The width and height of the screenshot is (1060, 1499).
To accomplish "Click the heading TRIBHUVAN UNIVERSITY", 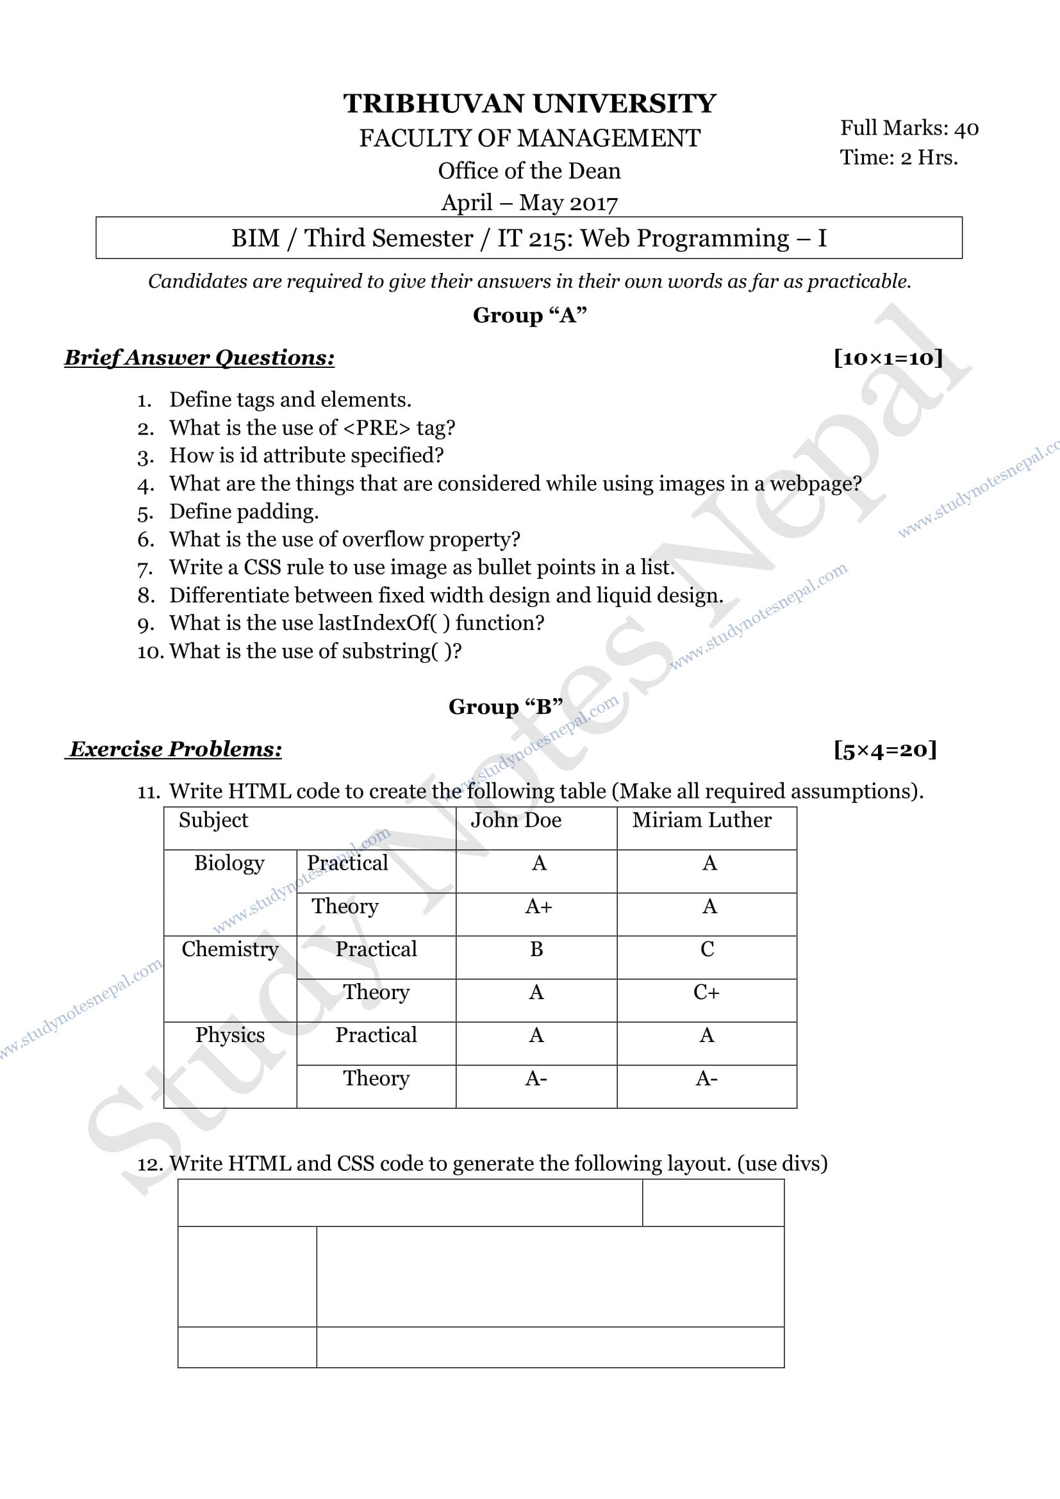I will [x=529, y=104].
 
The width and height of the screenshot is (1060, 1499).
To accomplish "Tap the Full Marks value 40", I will [x=966, y=129].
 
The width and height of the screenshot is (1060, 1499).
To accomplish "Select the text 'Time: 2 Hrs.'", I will [x=898, y=158].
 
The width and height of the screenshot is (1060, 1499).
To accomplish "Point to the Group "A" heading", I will [x=529, y=315].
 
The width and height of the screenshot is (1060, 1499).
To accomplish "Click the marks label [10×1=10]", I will [x=888, y=358].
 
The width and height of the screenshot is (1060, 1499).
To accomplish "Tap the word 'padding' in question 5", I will [x=277, y=511].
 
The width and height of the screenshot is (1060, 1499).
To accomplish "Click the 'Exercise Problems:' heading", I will [x=176, y=749].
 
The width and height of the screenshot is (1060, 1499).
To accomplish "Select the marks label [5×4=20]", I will [x=885, y=750].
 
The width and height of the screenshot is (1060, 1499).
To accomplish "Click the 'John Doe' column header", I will [x=516, y=820].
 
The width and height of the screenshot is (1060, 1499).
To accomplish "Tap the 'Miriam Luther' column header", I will [x=702, y=820].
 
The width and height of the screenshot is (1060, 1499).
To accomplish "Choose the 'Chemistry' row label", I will [x=230, y=948].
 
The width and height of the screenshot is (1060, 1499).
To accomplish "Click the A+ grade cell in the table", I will [x=538, y=906].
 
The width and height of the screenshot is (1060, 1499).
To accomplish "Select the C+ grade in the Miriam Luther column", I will [x=706, y=992].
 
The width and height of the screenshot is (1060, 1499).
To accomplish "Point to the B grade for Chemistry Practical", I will [x=536, y=949].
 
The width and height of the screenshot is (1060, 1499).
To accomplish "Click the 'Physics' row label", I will [x=230, y=1035].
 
